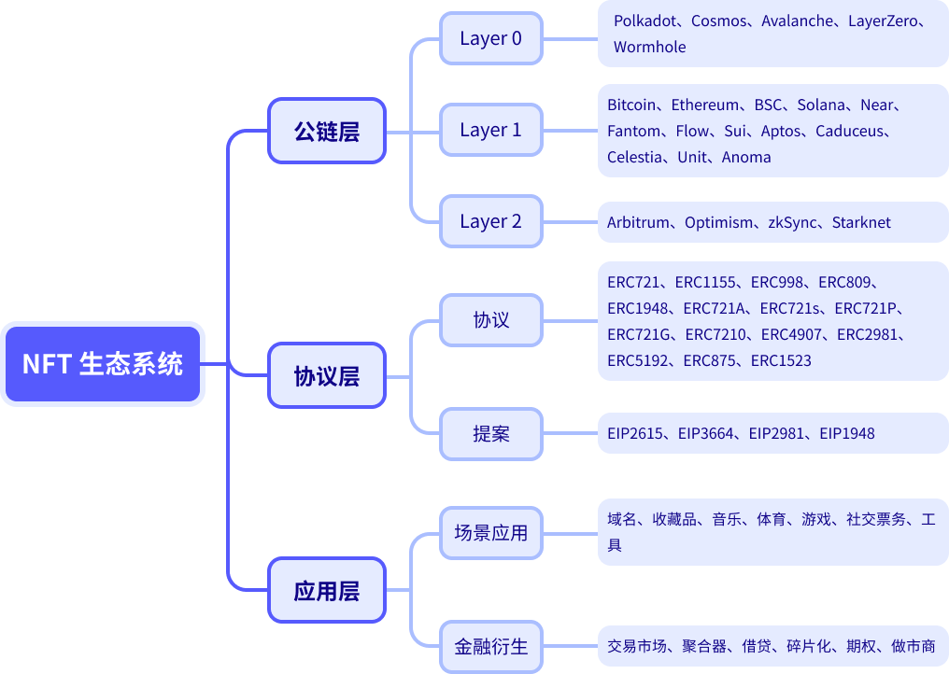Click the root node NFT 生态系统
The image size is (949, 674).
tap(103, 364)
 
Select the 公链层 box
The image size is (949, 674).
tap(327, 131)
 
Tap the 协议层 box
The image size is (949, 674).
tap(327, 376)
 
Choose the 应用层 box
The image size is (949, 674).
tap(327, 590)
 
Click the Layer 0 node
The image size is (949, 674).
tap(490, 38)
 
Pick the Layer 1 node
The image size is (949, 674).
tap(490, 130)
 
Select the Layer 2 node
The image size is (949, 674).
tap(490, 221)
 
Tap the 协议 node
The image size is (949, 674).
tap(490, 319)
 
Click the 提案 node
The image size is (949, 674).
tap(490, 433)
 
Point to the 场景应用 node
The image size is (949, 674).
tap(490, 533)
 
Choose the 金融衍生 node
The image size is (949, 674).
tap(490, 645)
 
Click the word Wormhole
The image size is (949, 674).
tap(649, 47)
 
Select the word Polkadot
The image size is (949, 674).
tap(646, 21)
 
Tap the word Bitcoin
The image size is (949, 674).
tap(631, 105)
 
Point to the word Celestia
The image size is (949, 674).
tap(633, 157)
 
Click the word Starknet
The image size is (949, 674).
tap(861, 222)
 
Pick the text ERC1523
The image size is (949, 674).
tap(781, 360)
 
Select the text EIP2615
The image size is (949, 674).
tap(634, 433)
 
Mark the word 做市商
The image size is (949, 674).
tap(913, 646)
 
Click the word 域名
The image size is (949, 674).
tap(622, 520)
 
